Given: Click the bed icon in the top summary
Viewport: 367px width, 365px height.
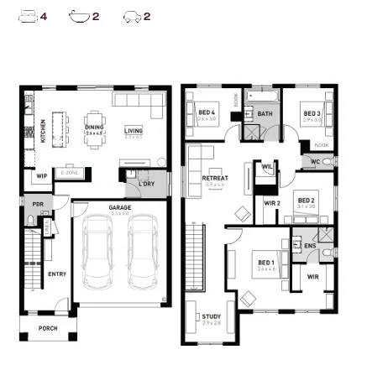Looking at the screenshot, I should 29,16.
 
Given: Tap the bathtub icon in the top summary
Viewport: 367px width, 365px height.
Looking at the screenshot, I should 80,16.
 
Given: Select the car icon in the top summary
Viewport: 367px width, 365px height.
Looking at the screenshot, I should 132,16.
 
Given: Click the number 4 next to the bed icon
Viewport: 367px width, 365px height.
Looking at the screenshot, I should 45,16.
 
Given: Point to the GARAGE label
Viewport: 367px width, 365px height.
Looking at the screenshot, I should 119,206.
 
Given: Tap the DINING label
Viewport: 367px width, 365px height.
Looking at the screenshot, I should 94,128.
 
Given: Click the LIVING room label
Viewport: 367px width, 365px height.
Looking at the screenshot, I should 134,130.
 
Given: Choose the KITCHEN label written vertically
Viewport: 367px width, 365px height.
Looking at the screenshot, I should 44,130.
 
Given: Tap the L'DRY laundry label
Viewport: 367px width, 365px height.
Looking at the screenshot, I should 147,183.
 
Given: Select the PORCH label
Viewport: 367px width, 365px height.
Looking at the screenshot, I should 48,329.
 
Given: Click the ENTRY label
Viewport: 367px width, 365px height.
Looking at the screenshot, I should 58,273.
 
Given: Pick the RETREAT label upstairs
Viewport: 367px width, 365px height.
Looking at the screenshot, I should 215,178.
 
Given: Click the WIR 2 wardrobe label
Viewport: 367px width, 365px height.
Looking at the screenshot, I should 272,203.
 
